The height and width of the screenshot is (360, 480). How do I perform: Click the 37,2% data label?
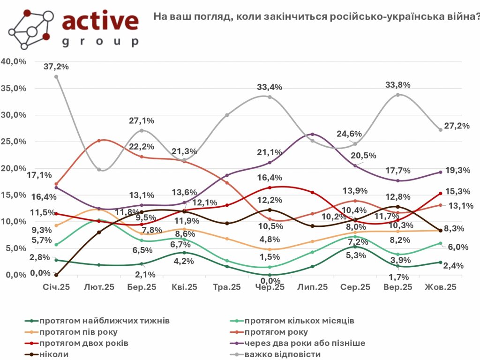coord(56,67)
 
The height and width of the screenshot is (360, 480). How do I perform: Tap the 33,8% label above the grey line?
coord(398,85)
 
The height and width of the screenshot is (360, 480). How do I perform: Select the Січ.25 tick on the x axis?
coord(56,287)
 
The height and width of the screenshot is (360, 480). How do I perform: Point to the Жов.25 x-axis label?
coord(440,287)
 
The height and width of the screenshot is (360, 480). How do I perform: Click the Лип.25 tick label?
coord(313,287)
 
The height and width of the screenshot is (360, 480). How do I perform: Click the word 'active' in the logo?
coord(100,21)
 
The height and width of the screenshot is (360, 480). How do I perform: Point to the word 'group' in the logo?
coord(100,42)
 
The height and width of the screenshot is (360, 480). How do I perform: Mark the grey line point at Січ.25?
coord(56,77)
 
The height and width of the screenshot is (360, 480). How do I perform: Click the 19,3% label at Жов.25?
coord(457,170)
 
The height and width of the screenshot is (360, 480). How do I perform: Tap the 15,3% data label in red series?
coord(457,191)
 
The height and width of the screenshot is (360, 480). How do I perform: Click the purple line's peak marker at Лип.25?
coord(313,135)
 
